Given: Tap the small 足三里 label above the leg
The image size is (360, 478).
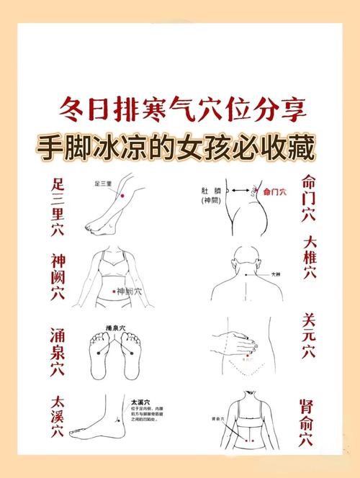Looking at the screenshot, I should [103, 184].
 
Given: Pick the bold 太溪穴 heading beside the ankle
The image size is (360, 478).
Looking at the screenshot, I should [140, 401].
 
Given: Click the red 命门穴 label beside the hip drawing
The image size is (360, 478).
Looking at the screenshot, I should [274, 192].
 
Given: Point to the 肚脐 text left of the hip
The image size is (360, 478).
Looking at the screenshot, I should [209, 191].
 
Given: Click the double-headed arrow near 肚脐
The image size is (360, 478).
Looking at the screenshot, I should [237, 190].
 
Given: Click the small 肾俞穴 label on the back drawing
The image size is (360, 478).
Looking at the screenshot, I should [216, 419].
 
